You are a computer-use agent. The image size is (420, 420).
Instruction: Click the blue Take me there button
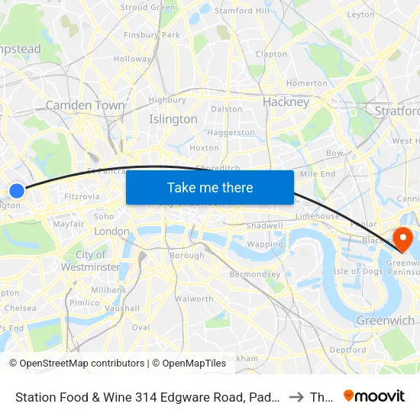tap(210, 187)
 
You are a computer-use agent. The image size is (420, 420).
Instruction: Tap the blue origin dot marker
tap(17, 191)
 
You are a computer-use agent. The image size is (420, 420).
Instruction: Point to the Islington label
tap(173, 119)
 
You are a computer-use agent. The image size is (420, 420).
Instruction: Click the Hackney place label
tap(286, 102)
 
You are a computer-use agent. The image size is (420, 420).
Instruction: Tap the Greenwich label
tap(386, 321)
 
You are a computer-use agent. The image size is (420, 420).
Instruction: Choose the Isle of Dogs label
tap(357, 271)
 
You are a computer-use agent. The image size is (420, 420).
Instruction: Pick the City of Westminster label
tap(91, 261)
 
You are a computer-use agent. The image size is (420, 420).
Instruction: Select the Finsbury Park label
tap(151, 35)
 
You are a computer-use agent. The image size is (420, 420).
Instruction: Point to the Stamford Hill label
tap(242, 11)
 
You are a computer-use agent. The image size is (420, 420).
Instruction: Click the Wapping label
tap(265, 244)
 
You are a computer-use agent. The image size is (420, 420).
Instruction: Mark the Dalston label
tap(226, 109)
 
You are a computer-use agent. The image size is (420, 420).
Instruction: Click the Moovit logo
tap(374, 396)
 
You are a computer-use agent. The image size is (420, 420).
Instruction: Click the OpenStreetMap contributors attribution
tap(77, 363)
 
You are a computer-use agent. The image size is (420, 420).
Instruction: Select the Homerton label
tap(307, 83)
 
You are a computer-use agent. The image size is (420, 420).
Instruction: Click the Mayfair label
tap(68, 225)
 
